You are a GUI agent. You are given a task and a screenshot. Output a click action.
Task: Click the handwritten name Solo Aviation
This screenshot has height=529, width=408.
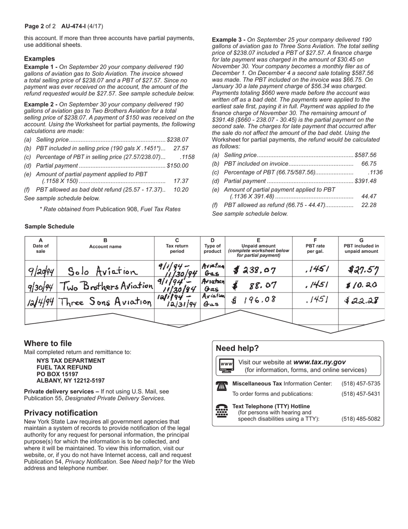(103, 271)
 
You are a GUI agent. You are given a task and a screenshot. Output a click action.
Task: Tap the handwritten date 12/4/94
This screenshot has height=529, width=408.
(41, 301)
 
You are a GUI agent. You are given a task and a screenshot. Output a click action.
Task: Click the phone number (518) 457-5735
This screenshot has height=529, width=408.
(361, 384)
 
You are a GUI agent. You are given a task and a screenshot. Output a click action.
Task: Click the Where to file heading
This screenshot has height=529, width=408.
(48, 343)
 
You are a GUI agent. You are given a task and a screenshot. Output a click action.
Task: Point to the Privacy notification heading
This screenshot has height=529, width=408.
(61, 413)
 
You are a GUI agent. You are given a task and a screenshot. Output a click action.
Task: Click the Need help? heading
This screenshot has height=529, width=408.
(237, 348)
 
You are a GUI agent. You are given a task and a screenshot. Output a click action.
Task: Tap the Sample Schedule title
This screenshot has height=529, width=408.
(49, 227)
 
